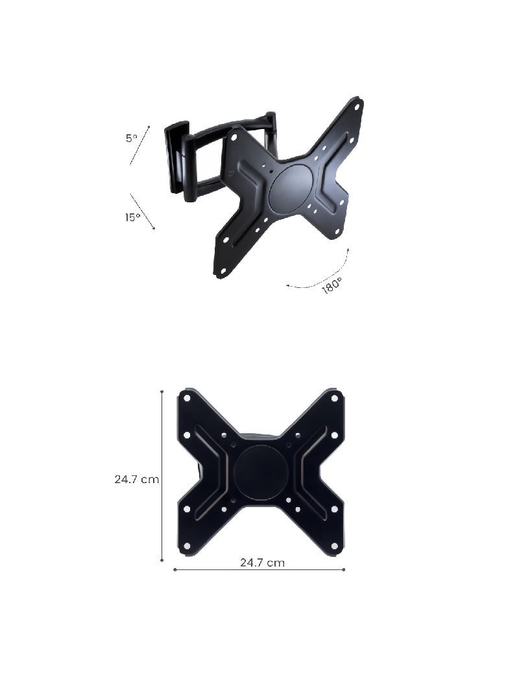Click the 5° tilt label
[132, 138]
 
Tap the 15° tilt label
[133, 217]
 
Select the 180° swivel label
[332, 285]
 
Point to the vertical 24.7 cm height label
[136, 480]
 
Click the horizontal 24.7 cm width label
[262, 563]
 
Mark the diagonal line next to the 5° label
[139, 145]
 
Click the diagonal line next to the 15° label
[142, 211]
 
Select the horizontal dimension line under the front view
[259, 570]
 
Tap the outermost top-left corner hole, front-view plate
[187, 397]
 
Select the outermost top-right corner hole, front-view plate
[334, 397]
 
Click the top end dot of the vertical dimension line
[162, 392]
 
